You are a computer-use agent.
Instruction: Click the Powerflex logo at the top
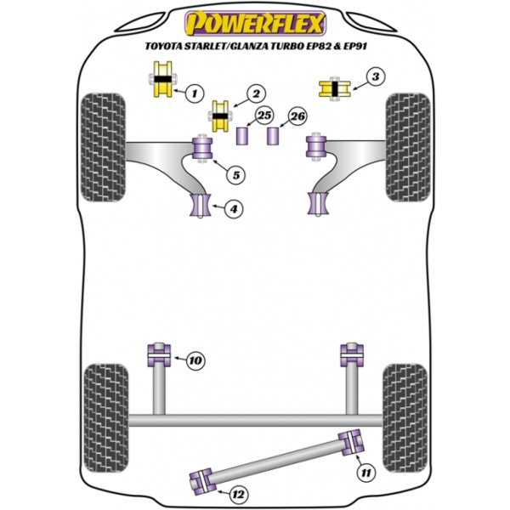[x=255, y=24]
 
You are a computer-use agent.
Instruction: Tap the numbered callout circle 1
[x=195, y=93]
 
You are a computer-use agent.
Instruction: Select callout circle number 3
[x=376, y=77]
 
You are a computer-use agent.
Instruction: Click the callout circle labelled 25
[x=264, y=115]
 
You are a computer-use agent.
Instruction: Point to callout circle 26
[x=297, y=116]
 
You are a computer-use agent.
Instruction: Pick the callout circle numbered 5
[x=235, y=175]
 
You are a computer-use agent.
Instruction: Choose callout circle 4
[x=234, y=208]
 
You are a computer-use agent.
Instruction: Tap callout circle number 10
[x=195, y=360]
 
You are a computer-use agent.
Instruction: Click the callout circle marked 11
[x=365, y=473]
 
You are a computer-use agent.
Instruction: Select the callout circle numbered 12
[x=238, y=495]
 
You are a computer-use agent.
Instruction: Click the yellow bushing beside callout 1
[x=162, y=79]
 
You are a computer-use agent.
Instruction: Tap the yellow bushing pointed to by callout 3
[x=335, y=89]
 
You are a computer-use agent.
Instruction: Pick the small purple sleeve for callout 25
[x=242, y=136]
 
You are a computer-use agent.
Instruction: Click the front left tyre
[x=103, y=147]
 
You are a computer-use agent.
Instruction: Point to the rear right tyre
[x=405, y=418]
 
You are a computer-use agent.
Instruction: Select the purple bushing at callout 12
[x=202, y=481]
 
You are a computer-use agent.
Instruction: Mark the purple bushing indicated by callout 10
[x=159, y=355]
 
